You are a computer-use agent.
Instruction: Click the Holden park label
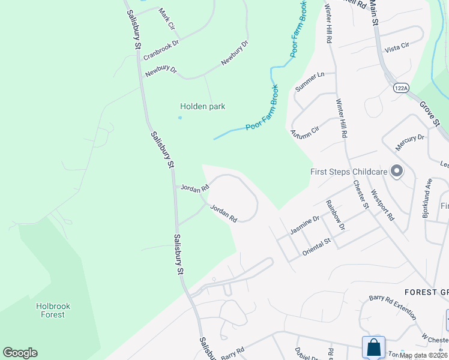(202, 106)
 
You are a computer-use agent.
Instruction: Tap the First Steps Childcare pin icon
(396, 172)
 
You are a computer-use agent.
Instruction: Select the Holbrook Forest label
(53, 310)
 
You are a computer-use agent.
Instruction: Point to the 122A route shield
(400, 88)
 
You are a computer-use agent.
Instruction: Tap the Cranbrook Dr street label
(161, 50)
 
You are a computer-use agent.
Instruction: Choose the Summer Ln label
(310, 82)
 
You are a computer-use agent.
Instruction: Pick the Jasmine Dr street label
(305, 227)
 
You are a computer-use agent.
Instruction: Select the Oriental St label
(316, 247)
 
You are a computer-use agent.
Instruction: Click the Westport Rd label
(382, 205)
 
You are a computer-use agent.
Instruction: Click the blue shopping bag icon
(373, 347)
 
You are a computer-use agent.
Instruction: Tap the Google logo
(20, 353)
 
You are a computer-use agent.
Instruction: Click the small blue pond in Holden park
(180, 118)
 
